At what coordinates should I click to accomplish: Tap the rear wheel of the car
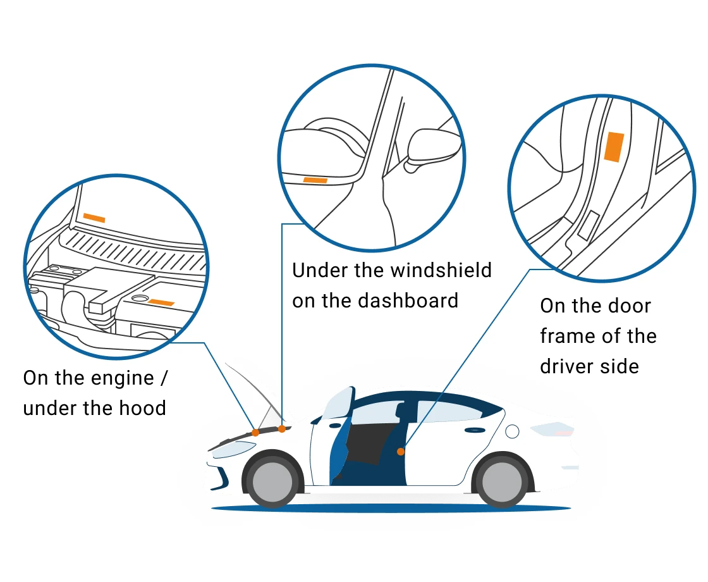pos(502,481)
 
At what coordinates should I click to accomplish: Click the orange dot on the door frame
pos(401,451)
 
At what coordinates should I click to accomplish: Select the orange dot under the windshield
pos(282,429)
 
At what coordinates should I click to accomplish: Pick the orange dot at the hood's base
pos(255,433)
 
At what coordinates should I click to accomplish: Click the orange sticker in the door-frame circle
pos(613,147)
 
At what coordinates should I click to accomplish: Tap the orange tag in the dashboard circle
pos(315,180)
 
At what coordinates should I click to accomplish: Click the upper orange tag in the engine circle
pos(94,218)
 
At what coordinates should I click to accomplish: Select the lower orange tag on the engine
pos(161,302)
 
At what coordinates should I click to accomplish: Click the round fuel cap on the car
pos(512,431)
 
